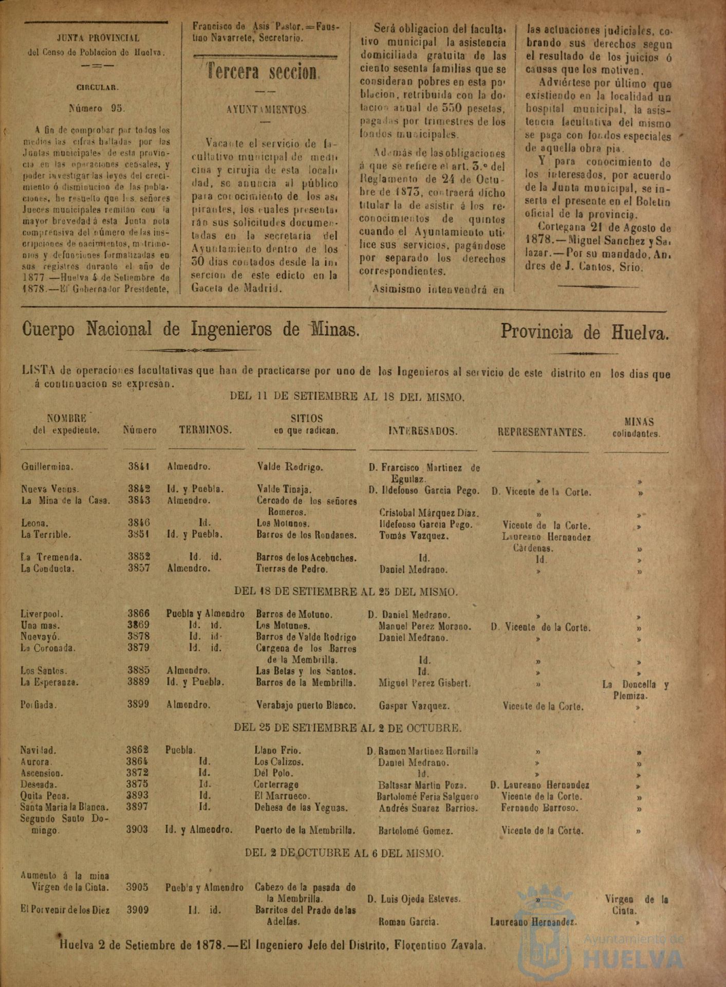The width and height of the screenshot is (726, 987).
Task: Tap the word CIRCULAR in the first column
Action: click(x=97, y=87)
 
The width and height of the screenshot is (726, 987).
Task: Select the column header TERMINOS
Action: click(x=205, y=430)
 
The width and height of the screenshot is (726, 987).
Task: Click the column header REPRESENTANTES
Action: click(x=542, y=432)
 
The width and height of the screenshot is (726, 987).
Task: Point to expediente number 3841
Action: click(x=139, y=467)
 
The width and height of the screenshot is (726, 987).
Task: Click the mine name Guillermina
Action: click(x=47, y=467)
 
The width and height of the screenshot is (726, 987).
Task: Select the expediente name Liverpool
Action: click(x=42, y=614)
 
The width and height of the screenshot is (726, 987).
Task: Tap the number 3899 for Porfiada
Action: click(x=138, y=704)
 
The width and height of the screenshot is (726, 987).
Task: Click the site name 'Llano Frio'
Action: click(x=277, y=751)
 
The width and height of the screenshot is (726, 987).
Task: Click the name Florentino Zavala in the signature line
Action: click(x=445, y=945)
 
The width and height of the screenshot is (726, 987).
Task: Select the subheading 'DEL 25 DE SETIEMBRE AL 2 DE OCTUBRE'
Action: click(x=347, y=728)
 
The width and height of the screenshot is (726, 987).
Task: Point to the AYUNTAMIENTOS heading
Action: click(x=267, y=110)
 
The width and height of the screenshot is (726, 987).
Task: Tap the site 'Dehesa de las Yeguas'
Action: click(x=301, y=808)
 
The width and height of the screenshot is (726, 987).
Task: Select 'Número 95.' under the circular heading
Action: click(x=97, y=108)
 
